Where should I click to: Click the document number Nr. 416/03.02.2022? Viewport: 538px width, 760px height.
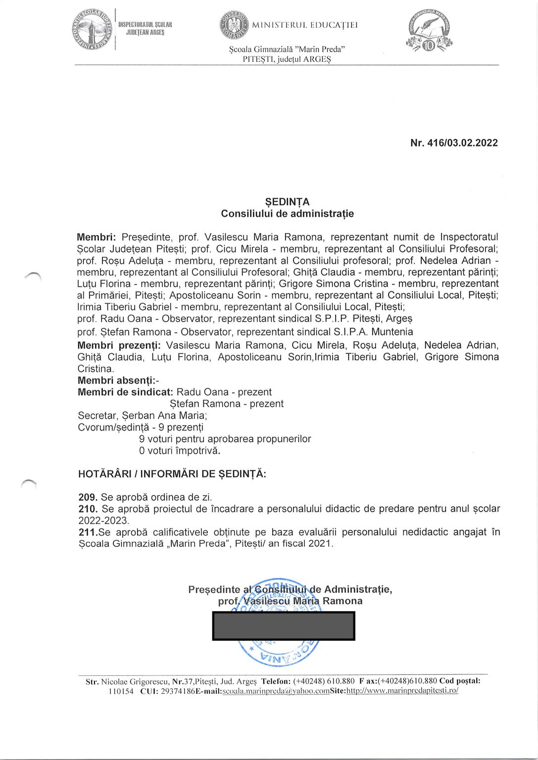coord(454,143)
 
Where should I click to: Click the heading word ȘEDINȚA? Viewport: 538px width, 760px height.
coord(287,202)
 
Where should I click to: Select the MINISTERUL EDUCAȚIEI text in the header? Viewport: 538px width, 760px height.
coord(305,25)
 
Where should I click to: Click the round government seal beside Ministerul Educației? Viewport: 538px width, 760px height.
coord(234,25)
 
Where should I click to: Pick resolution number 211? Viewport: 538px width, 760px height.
coord(87,532)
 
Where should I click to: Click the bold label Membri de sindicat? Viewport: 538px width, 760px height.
coord(125,392)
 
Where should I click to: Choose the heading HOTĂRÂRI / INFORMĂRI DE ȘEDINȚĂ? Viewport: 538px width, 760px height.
coord(172,474)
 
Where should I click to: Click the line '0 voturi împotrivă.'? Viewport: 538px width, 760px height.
coord(179,451)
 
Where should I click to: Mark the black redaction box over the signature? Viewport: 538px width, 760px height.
coord(284,626)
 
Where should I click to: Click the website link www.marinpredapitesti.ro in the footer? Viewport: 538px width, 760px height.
coord(402,691)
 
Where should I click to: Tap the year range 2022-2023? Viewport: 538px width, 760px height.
coord(103,521)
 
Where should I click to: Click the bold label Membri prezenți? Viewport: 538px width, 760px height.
coord(119,345)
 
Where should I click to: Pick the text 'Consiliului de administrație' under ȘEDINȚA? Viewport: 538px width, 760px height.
coord(287,214)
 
